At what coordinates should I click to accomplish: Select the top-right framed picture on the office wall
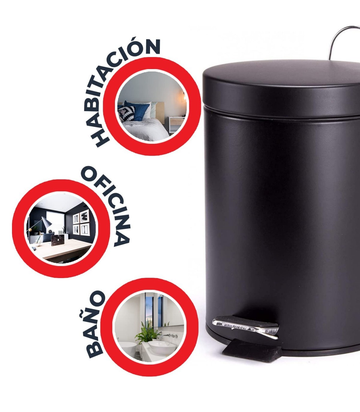[x=85, y=216]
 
